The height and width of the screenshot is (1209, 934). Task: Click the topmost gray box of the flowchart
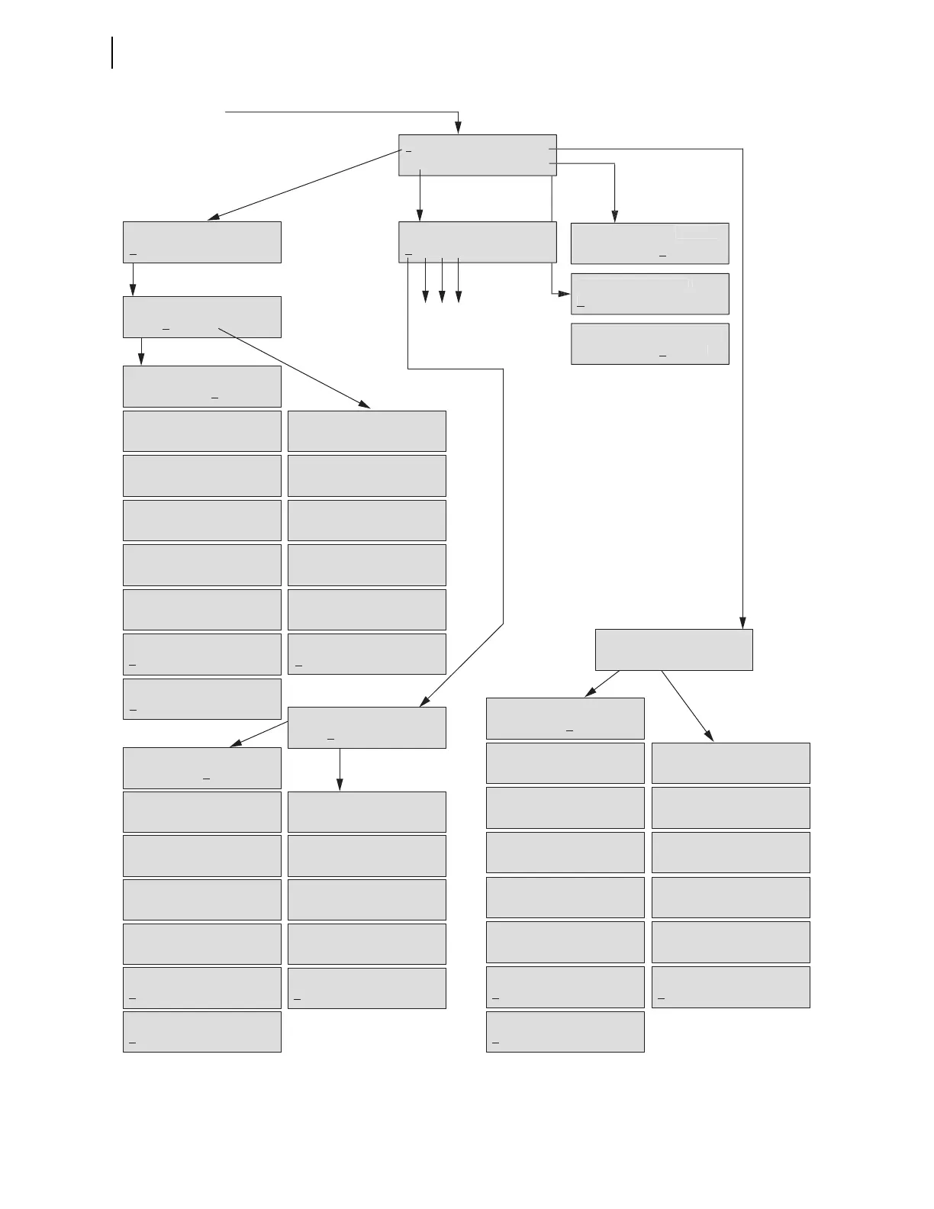point(477,156)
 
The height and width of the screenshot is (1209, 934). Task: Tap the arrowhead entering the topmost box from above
point(458,128)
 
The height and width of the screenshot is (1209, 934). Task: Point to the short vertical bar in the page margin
point(113,52)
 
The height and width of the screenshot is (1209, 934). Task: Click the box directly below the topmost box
point(477,243)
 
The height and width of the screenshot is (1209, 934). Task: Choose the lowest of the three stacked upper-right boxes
point(649,343)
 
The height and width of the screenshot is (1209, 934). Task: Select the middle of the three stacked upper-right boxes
point(649,294)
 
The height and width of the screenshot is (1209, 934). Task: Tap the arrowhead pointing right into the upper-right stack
point(565,293)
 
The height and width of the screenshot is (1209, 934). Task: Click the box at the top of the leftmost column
point(201,243)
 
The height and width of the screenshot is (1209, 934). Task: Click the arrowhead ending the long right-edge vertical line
point(742,623)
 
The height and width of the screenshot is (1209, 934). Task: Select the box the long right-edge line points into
point(673,650)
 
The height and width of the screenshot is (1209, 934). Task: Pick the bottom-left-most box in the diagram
point(201,1032)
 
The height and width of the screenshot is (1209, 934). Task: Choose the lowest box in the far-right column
point(730,988)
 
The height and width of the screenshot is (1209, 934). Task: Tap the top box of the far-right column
point(730,763)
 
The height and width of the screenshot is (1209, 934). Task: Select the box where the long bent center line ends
point(366,727)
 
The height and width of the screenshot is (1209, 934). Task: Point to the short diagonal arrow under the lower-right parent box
point(602,684)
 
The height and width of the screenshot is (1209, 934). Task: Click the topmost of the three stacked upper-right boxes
point(649,243)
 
